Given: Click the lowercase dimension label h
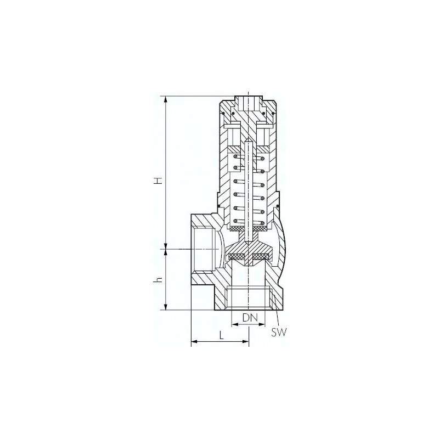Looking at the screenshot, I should (159, 279).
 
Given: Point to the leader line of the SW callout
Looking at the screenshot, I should (276, 319).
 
